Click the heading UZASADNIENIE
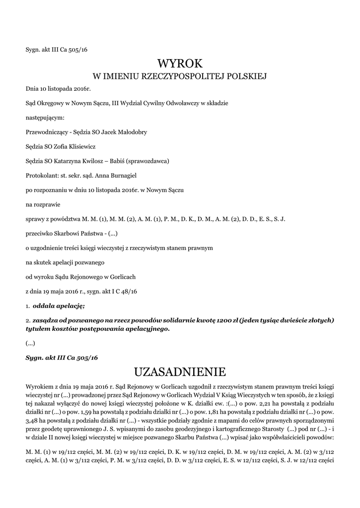[x=180, y=372]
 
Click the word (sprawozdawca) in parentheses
[x=147, y=161]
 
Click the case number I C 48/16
[x=124, y=291]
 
